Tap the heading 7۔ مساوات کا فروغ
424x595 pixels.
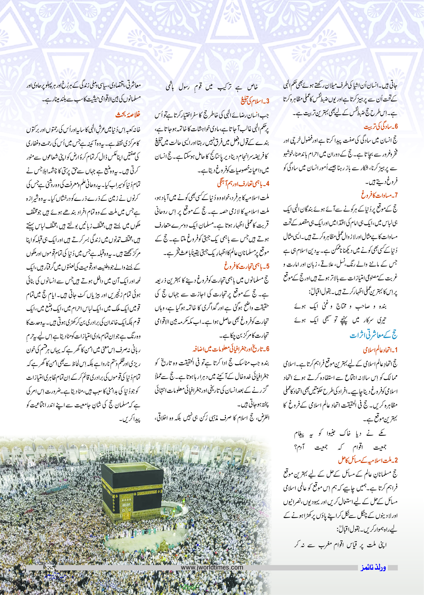coord(379,195)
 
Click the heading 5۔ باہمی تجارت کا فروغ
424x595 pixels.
coord(247,266)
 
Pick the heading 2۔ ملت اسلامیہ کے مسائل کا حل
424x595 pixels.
coord(368,460)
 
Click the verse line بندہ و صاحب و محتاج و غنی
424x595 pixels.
coord(340,306)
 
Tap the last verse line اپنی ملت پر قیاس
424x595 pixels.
coord(340,545)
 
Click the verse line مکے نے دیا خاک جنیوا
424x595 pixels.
coord(340,434)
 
